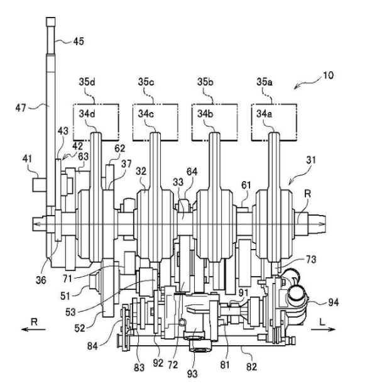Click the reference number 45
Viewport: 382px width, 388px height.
pyautogui.click(x=79, y=42)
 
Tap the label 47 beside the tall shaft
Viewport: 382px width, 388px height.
pyautogui.click(x=21, y=108)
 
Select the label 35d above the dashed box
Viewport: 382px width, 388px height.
pyautogui.click(x=87, y=82)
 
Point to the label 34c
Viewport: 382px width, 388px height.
pyautogui.click(x=146, y=114)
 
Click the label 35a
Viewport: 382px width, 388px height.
pyautogui.click(x=265, y=82)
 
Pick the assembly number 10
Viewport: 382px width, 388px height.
pyautogui.click(x=328, y=75)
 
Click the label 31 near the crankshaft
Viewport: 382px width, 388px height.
pyautogui.click(x=311, y=160)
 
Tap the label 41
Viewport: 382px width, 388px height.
pyautogui.click(x=27, y=158)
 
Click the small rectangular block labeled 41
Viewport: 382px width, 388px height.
pyautogui.click(x=40, y=186)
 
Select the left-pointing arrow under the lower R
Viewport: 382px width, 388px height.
pyautogui.click(x=33, y=329)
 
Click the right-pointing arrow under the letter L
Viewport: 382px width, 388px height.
pyautogui.click(x=323, y=329)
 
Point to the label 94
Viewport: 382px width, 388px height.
pyautogui.click(x=334, y=302)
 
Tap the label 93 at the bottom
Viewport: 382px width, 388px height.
pyautogui.click(x=192, y=374)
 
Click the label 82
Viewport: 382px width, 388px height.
pyautogui.click(x=251, y=367)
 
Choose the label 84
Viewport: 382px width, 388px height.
pyautogui.click(x=92, y=346)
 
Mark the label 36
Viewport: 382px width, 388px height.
pyautogui.click(x=41, y=280)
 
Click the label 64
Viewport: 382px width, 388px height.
pyautogui.click(x=192, y=172)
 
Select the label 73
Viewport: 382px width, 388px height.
pyautogui.click(x=311, y=259)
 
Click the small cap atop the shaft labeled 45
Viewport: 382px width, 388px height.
pyautogui.click(x=51, y=21)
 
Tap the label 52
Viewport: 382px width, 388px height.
pyautogui.click(x=80, y=328)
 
